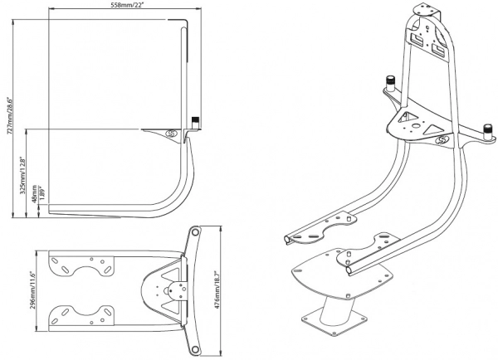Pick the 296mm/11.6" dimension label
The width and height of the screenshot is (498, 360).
click(32, 288)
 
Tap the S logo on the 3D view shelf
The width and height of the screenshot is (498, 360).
click(442, 140)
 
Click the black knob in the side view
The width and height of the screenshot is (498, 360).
click(196, 121)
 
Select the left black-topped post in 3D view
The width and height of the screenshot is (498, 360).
click(388, 82)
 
